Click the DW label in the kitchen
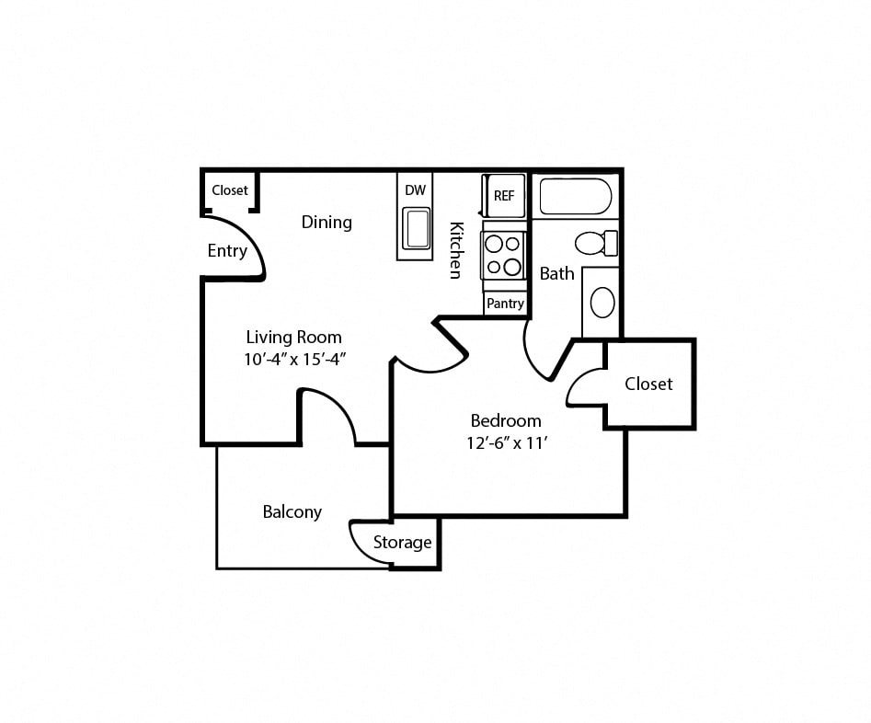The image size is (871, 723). (416, 190)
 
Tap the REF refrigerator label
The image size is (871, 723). (504, 196)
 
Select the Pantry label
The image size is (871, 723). (505, 304)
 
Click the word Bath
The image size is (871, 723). (556, 273)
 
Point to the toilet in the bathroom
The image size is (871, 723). (594, 244)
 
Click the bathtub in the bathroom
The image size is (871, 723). (575, 196)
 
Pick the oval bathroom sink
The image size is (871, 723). (602, 303)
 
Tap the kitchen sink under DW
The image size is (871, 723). (417, 228)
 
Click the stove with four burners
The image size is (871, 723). (503, 255)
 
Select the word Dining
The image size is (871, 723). (327, 222)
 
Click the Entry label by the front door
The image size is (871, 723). (227, 251)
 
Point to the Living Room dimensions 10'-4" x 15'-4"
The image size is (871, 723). (294, 360)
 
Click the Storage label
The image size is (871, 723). (402, 543)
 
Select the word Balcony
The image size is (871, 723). (292, 512)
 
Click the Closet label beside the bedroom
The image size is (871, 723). (648, 384)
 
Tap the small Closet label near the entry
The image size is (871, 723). (230, 190)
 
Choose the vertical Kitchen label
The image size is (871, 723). (455, 249)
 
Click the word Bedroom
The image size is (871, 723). (506, 420)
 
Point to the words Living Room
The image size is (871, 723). (293, 337)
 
